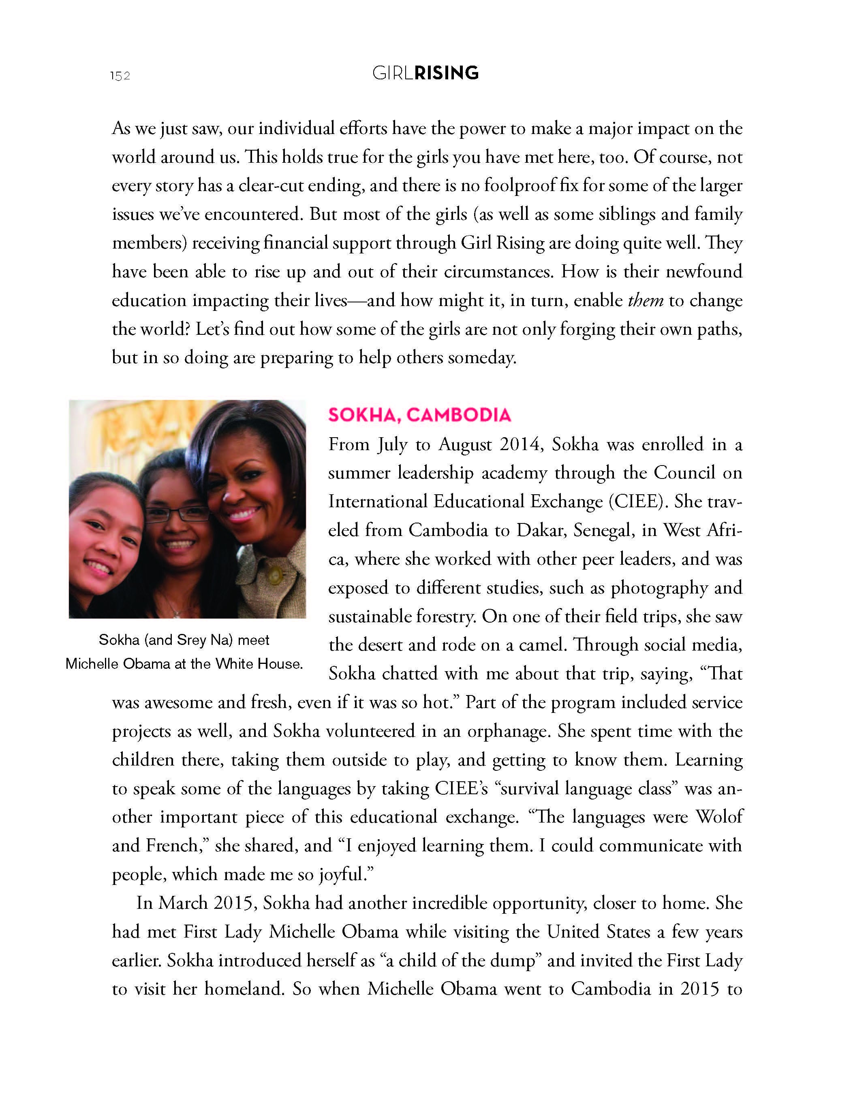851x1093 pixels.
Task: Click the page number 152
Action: [120, 76]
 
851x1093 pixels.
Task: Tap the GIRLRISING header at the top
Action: [425, 74]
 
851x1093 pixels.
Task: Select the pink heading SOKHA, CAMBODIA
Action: [419, 415]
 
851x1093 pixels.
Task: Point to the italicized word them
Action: [646, 300]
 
